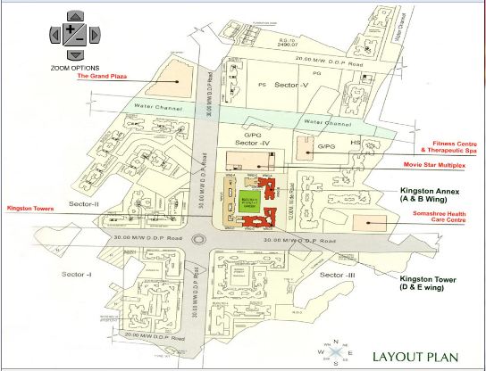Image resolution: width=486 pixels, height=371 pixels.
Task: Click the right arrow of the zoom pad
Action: click(95, 35)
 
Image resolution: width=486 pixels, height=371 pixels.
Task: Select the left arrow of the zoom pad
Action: click(54, 35)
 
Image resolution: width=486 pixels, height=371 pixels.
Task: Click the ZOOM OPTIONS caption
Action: click(74, 68)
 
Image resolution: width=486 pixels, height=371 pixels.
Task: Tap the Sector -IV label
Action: click(252, 143)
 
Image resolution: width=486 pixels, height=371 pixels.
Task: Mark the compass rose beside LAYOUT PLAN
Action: click(334, 353)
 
